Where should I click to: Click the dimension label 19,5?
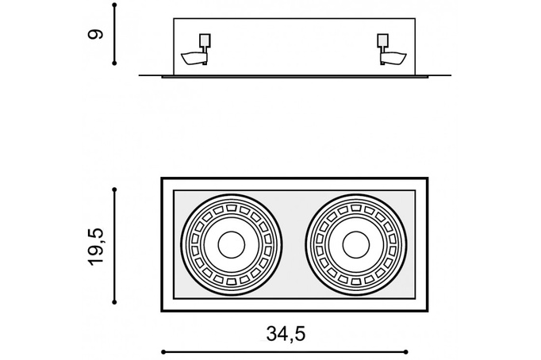coord(96,246)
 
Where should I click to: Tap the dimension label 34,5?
coord(286,334)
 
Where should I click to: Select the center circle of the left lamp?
coord(231,245)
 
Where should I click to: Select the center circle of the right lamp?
coord(355,245)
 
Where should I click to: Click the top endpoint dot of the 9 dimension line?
coord(114,6)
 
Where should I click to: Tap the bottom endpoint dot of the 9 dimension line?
coord(114,63)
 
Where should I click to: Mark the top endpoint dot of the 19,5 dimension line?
coord(114,190)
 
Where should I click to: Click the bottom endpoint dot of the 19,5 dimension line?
coord(114,302)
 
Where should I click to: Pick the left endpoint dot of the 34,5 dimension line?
coord(163,352)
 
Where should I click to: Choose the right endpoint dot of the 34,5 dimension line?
coord(406,352)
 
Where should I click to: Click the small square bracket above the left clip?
coord(205,40)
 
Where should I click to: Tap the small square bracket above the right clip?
coord(382,40)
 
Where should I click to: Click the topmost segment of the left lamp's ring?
coord(231,208)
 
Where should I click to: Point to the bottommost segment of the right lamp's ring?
coord(355,281)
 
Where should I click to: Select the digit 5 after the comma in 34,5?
coord(300,334)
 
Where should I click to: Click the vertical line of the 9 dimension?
coord(114,34)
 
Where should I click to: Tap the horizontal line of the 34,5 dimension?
coord(285,352)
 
